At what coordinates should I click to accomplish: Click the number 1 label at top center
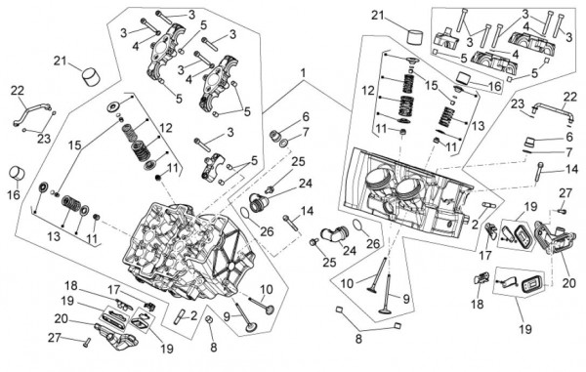pos(303,73)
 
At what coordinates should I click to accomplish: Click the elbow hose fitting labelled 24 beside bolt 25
pos(334,234)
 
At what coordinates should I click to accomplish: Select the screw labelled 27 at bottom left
pos(86,342)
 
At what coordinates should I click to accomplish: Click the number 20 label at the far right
pos(568,283)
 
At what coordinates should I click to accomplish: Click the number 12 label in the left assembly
pos(166,128)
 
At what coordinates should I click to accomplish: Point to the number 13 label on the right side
pos(478,126)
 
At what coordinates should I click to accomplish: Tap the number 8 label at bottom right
pos(358,339)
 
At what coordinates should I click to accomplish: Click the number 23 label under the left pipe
pos(44,139)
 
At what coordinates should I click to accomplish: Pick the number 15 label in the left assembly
pos(75,145)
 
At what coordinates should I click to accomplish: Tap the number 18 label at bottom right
pos(478,304)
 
